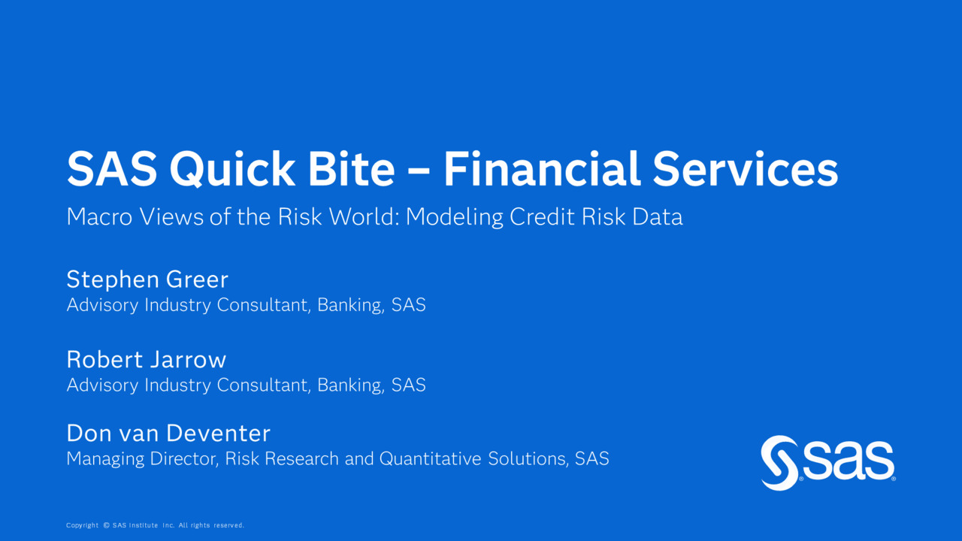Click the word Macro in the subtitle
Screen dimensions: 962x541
(100, 216)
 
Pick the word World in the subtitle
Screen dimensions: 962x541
(365, 216)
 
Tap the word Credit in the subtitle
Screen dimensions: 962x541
(543, 216)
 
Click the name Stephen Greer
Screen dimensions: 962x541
(147, 280)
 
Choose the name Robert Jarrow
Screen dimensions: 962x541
(146, 359)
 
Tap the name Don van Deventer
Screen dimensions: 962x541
(168, 433)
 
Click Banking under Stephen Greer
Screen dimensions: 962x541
(350, 305)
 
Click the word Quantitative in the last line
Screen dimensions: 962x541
(431, 458)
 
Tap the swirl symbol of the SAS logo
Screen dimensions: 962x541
(779, 463)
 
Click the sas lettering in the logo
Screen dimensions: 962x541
(849, 461)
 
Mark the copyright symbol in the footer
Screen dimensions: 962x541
(107, 525)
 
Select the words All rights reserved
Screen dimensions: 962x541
(211, 525)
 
